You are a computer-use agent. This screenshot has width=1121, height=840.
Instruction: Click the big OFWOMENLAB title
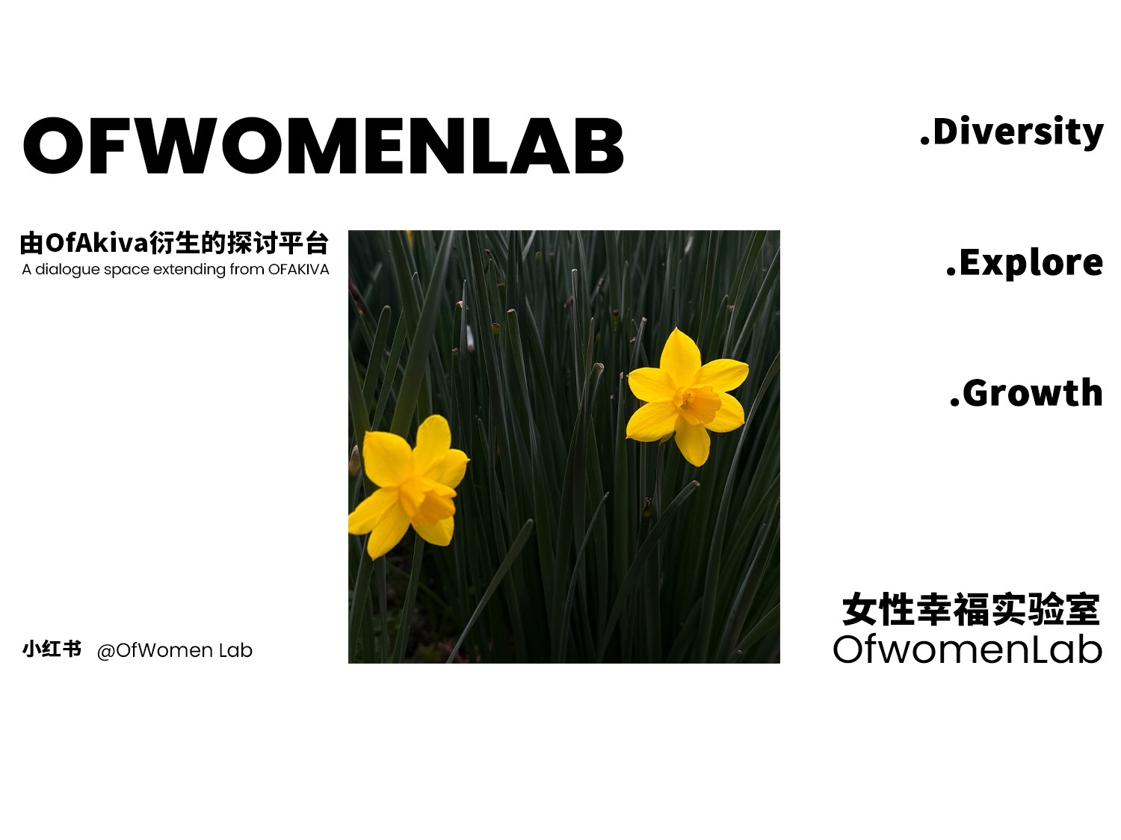pos(324,146)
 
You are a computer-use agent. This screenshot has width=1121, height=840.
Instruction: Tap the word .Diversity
pos(1012,132)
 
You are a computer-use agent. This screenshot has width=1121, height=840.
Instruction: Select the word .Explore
pos(1025,263)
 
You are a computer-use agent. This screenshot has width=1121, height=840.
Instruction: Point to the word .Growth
pos(1026,392)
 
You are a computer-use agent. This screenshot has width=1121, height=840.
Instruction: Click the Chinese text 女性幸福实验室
pos(971,609)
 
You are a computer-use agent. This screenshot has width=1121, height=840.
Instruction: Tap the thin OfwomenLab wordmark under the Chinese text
pos(968,649)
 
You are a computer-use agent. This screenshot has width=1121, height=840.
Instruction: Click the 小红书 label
pos(52,649)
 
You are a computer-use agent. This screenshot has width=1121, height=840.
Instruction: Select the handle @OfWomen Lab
pos(175,651)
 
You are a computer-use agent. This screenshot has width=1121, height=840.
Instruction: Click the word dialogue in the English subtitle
pos(67,270)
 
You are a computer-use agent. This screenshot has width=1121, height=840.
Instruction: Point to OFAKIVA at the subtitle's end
pos(299,269)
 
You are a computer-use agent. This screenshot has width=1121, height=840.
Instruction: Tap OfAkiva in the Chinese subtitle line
pos(96,243)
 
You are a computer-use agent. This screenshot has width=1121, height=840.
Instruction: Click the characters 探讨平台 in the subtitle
pos(277,243)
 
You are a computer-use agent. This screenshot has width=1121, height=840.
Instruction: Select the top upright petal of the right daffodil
pos(680,357)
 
